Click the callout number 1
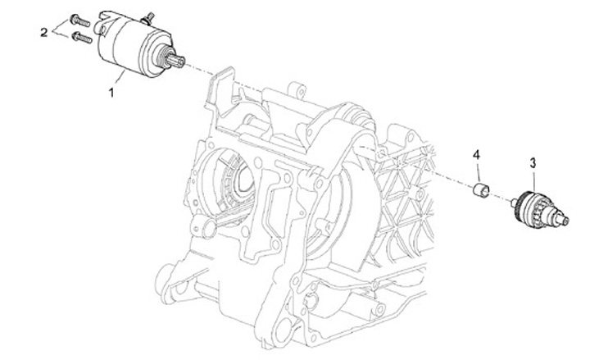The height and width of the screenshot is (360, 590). pos(111,93)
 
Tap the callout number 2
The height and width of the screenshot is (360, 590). pos(44,32)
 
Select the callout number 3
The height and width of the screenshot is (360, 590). pos(533,163)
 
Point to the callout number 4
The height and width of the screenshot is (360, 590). pos(476,154)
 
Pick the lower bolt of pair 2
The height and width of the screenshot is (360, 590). pos(82,37)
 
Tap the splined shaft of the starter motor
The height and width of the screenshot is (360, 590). pos(177,61)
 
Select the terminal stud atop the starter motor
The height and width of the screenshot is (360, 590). pos(148,18)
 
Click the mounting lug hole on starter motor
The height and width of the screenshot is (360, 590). pos(101,29)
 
